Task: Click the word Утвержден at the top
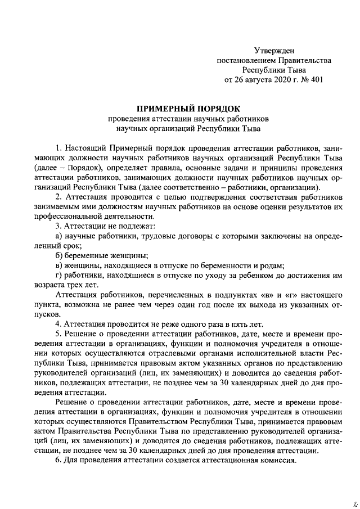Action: [x=274, y=51]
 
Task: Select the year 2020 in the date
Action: [x=276, y=80]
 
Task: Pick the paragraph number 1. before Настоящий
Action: [x=58, y=148]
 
